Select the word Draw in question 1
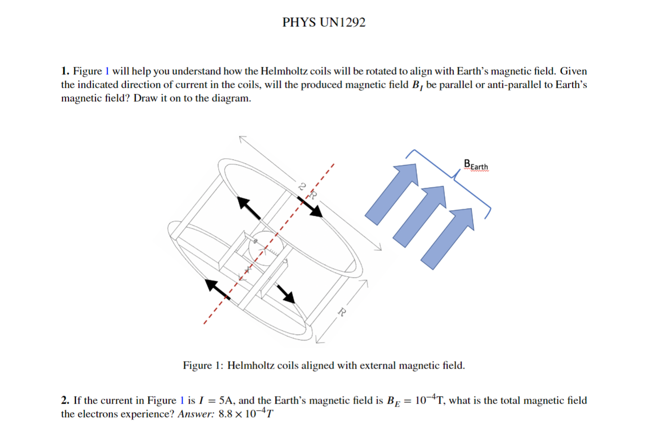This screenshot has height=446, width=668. tap(145, 97)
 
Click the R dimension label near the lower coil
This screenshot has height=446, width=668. tap(342, 312)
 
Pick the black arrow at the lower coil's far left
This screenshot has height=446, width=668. tap(218, 289)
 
